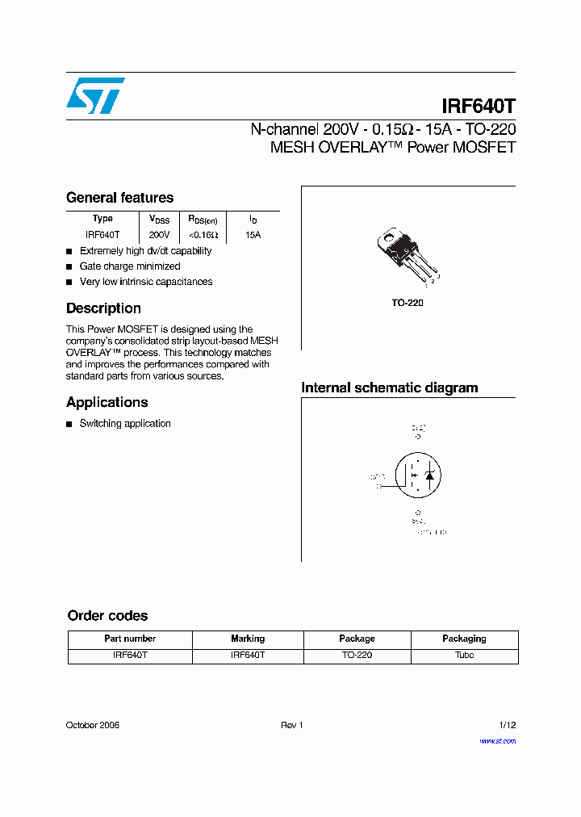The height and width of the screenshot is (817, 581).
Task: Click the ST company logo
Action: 95,96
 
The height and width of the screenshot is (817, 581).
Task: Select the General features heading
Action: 119,198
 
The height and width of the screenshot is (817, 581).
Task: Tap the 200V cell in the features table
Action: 159,235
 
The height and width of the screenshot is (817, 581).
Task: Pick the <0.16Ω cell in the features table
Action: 203,235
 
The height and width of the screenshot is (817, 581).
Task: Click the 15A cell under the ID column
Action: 253,235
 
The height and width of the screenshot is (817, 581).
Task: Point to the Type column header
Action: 102,219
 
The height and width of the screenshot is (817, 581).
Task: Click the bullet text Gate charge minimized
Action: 130,266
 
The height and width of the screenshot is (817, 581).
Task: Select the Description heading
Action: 103,308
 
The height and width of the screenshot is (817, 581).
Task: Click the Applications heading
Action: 107,402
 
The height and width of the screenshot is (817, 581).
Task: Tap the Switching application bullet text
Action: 125,424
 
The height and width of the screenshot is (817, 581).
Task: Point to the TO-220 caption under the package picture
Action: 408,303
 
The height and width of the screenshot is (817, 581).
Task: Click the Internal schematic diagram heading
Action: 389,388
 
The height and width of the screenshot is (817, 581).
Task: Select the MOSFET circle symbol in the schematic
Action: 416,476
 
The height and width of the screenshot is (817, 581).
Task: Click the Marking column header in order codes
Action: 248,639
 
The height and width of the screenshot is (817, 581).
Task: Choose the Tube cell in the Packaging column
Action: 464,656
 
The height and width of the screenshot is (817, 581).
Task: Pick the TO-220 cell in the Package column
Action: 357,656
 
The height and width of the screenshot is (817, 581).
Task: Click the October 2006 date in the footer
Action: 93,725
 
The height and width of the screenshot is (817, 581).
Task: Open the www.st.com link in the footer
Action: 497,741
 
